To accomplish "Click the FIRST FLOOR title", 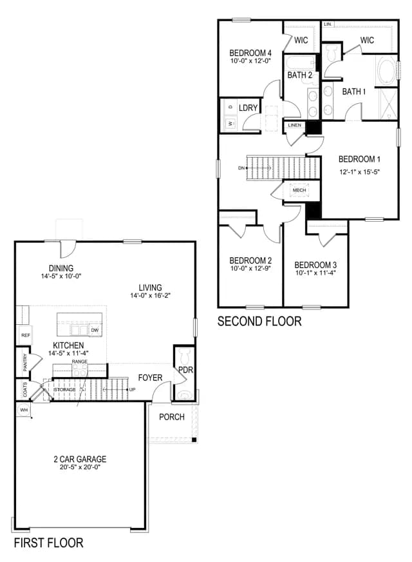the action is [x=49, y=543].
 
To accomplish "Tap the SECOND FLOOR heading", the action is [x=259, y=321].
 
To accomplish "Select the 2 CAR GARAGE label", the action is [x=80, y=459].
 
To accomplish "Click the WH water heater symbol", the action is [x=24, y=410].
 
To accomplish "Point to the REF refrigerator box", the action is [x=25, y=336].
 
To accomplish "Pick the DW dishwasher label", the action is [x=95, y=330].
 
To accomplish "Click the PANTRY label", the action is [x=24, y=362].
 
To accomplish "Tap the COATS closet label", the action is [x=24, y=390].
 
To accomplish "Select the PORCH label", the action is [x=172, y=417].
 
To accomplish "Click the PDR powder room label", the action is [x=185, y=370].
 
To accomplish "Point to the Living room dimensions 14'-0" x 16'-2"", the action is [x=150, y=296].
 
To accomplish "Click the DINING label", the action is [x=61, y=268].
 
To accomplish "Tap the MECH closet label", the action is [x=299, y=190].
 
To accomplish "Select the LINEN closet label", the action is [x=295, y=125].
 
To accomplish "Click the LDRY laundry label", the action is [x=248, y=108].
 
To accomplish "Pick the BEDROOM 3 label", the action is [x=315, y=266].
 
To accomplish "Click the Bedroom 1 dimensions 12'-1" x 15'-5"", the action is [x=359, y=172].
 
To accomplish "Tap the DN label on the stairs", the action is [x=241, y=168].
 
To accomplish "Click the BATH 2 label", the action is [x=299, y=75].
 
